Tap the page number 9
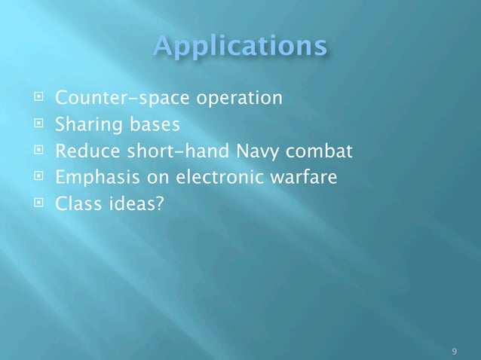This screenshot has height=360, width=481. pyautogui.click(x=453, y=351)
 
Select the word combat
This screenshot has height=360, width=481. pyautogui.click(x=323, y=152)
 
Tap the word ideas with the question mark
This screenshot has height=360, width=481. pyautogui.click(x=130, y=205)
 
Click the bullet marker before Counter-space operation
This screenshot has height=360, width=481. pyautogui.click(x=35, y=98)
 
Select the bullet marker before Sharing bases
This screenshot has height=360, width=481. pyautogui.click(x=35, y=125)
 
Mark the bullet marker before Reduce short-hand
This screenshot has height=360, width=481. pyautogui.click(x=35, y=151)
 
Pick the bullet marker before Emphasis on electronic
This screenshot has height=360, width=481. pyautogui.click(x=35, y=178)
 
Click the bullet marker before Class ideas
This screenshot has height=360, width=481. pyautogui.click(x=35, y=204)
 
